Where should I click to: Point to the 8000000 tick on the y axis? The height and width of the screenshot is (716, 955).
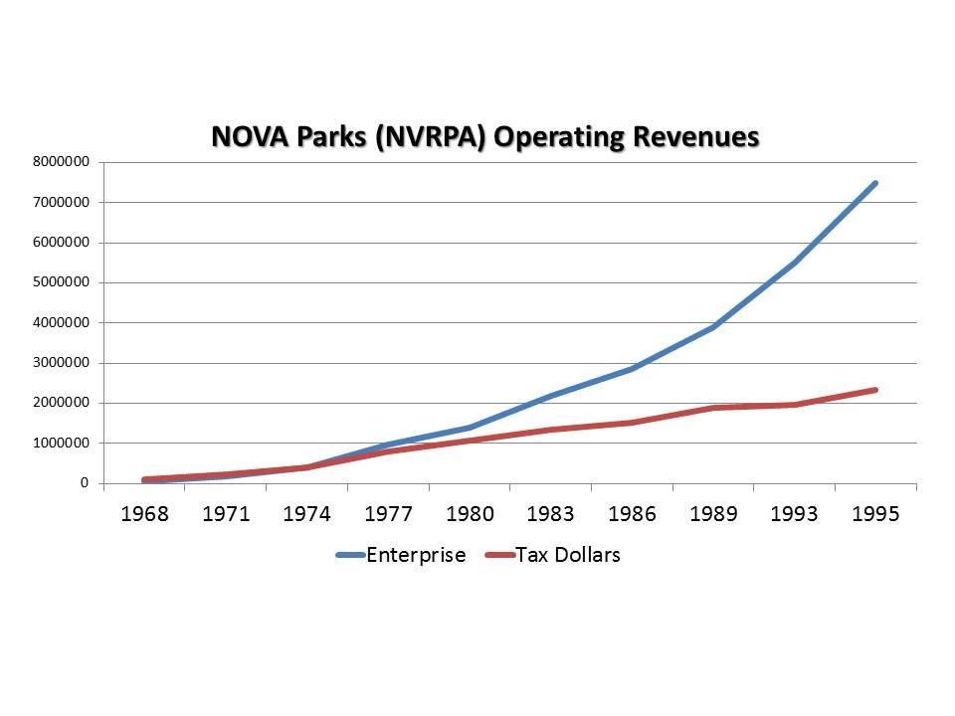coord(62,162)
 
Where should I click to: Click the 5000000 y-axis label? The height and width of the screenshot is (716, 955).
coord(62,282)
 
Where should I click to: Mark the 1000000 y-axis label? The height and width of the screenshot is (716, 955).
coord(62,443)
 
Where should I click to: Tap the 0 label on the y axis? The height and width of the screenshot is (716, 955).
coord(85,483)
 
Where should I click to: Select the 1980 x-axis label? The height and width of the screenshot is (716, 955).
coord(469,514)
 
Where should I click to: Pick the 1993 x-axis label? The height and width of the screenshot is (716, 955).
coord(794,514)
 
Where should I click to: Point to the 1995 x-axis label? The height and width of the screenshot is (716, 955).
coord(875,514)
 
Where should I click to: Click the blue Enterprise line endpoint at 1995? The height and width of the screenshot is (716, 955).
coord(875,183)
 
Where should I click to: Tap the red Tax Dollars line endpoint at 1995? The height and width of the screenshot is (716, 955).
coord(875,390)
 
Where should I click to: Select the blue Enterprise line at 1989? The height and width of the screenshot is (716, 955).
coord(713,326)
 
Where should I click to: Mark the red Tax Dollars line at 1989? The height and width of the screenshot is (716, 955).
coord(713,408)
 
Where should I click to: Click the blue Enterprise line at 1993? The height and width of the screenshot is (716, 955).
coord(794,263)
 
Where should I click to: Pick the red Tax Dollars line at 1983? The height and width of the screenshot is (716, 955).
coord(550,430)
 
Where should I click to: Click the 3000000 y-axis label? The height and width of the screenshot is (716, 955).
coord(62,363)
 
